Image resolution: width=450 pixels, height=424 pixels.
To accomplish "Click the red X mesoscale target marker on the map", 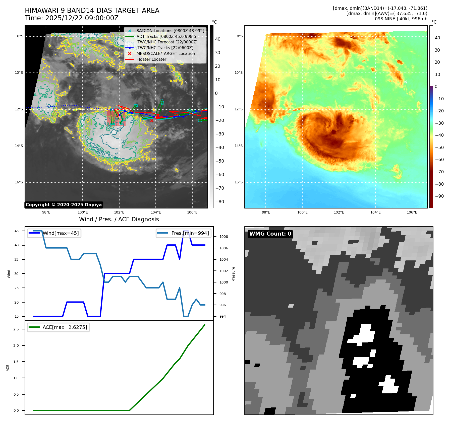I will pos(152,121).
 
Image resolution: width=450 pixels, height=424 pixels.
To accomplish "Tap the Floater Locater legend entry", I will pos(151,59).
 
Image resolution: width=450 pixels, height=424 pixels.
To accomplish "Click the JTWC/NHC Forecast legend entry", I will pos(167,42).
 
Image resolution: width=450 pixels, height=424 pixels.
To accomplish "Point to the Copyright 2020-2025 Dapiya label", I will pos(64,205).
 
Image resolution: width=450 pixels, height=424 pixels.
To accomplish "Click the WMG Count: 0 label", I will pos(270,234).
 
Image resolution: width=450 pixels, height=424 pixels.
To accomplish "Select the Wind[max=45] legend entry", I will pos(61,233).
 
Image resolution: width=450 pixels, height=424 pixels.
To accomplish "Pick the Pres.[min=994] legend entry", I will pos(190,233).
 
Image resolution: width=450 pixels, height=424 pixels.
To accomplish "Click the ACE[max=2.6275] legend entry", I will pos(65,327).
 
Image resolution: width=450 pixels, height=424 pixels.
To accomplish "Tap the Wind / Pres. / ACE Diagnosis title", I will pos(119,219).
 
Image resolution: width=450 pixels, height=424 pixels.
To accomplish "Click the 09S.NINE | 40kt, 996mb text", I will pos(401,19).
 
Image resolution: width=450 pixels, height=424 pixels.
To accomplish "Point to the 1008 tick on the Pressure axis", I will pos(223,237).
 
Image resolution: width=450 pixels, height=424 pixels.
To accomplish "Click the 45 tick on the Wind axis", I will pos(17,231).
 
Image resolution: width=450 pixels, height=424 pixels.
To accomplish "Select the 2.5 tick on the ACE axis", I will pos(16,329).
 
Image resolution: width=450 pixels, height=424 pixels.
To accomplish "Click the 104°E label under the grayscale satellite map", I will pos(156,212).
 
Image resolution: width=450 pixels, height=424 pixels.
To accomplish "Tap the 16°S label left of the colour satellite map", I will pos(239,182).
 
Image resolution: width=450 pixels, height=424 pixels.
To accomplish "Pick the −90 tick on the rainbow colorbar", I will pos(439,196).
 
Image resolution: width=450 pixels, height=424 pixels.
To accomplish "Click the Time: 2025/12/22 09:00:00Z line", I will pos(72,18).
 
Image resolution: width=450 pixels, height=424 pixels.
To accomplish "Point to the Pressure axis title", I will pos(234,274).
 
